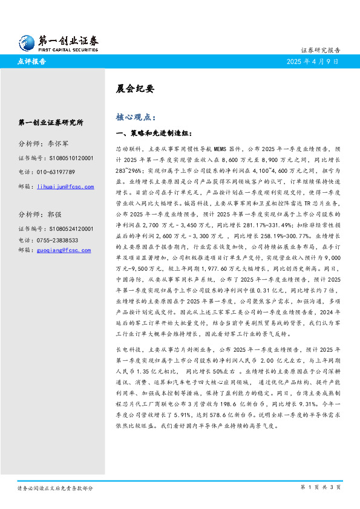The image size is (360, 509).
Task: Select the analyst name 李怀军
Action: [x=59, y=144]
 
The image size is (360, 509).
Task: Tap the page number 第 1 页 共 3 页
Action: [x=321, y=487]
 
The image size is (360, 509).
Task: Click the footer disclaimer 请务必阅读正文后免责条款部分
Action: [x=55, y=487]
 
